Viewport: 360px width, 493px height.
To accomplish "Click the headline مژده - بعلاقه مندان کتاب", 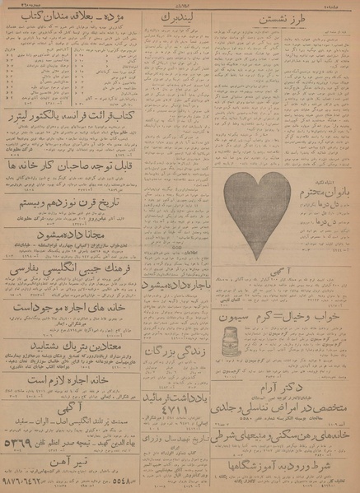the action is click(x=69, y=16).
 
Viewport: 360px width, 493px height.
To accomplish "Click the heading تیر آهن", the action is click(x=70, y=463).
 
